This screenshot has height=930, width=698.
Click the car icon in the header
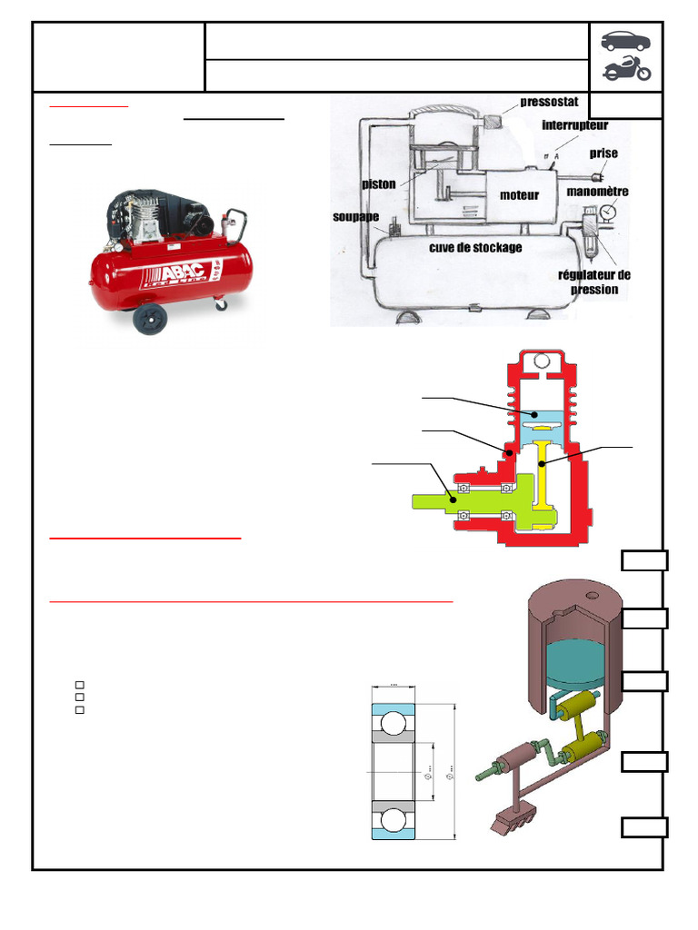[625, 42]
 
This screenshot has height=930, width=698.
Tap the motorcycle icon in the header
[626, 70]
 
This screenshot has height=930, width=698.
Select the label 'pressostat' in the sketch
[549, 102]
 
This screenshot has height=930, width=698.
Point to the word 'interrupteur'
[574, 124]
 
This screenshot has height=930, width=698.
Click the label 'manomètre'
[597, 192]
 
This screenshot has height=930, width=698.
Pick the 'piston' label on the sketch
[378, 184]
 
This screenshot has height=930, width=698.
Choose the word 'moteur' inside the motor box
[519, 194]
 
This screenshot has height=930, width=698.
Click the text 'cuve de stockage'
[475, 247]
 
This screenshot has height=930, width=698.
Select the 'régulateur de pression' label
[593, 282]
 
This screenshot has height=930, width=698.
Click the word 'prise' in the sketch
[603, 153]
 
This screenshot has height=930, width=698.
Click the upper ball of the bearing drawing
[394, 724]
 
